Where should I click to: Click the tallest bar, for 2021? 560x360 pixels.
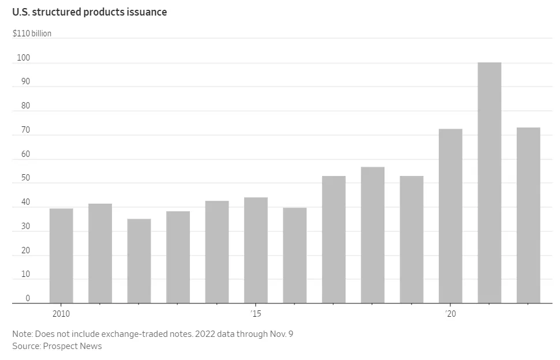[490, 182]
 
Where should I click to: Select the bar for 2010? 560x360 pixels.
[61, 256]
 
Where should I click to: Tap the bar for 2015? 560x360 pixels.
[256, 250]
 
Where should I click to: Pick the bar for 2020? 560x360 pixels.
[450, 216]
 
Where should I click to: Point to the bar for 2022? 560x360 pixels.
[528, 215]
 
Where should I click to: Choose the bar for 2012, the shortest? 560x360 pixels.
[139, 261]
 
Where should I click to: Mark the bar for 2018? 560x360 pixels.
[372, 235]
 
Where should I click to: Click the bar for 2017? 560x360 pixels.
[334, 239]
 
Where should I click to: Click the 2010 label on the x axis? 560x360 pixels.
[61, 314]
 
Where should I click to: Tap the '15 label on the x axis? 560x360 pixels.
[256, 314]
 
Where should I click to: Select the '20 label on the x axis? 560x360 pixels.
[450, 314]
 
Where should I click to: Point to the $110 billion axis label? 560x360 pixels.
[32, 33]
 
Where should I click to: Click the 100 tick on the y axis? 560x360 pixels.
[23, 58]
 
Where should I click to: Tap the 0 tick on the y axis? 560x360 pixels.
[27, 298]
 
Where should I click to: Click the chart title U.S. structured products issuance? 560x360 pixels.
[89, 12]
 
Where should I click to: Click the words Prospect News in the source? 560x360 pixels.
[72, 346]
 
